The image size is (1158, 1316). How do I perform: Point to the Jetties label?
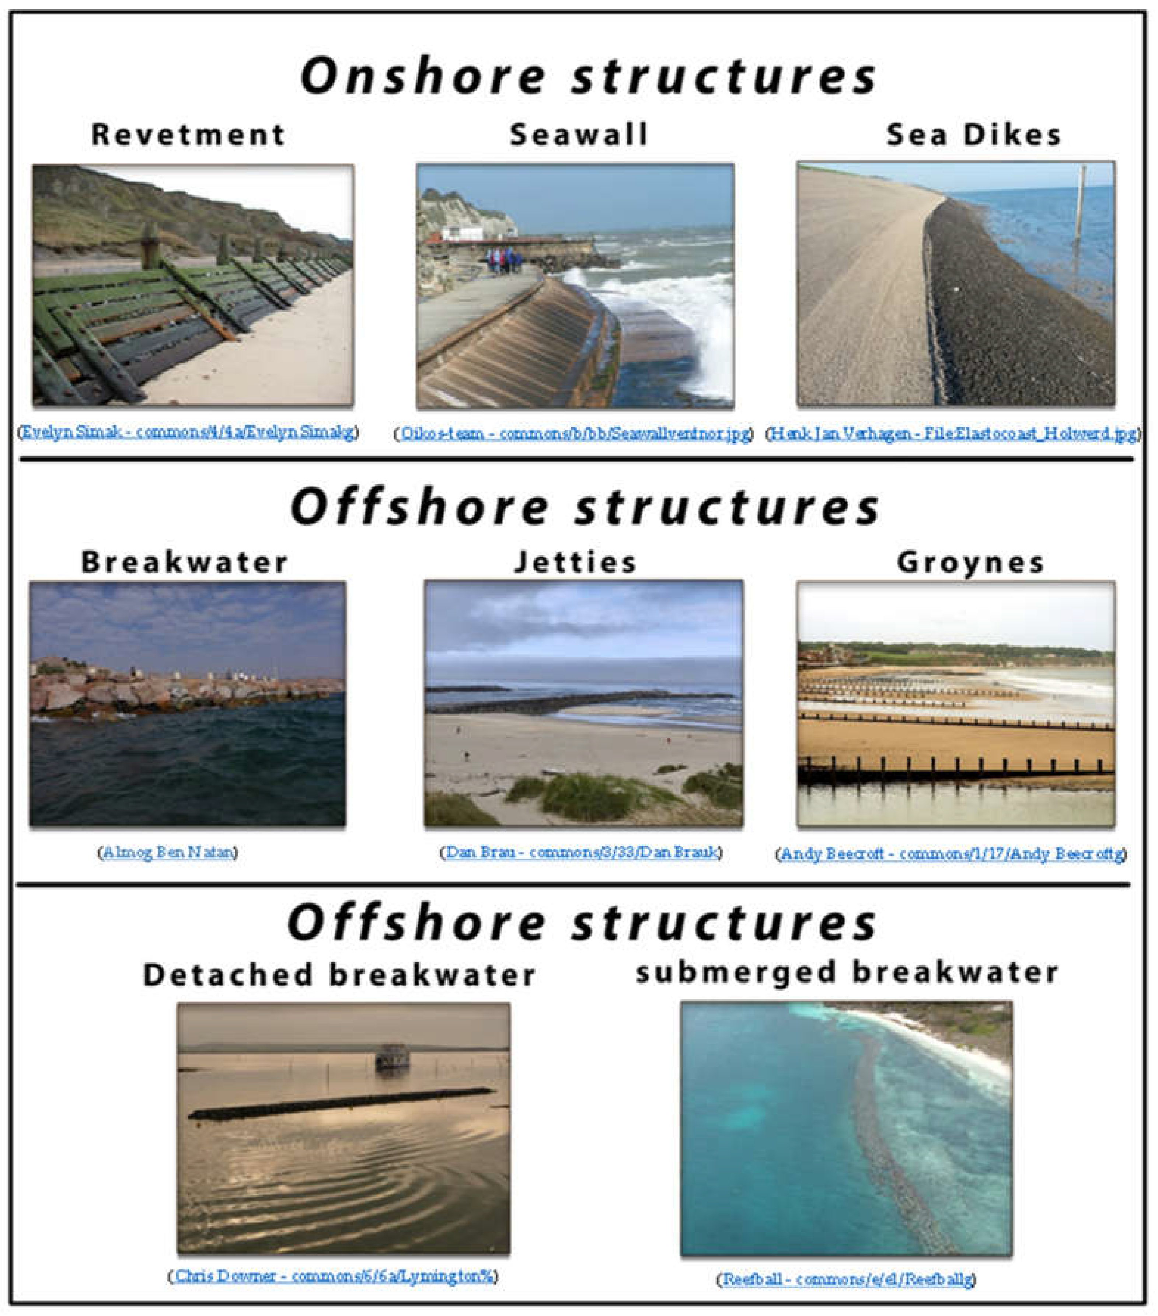(575, 562)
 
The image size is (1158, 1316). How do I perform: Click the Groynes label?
(970, 562)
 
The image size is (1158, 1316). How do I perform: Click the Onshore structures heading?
(588, 76)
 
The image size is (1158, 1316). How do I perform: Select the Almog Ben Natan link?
(168, 852)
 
